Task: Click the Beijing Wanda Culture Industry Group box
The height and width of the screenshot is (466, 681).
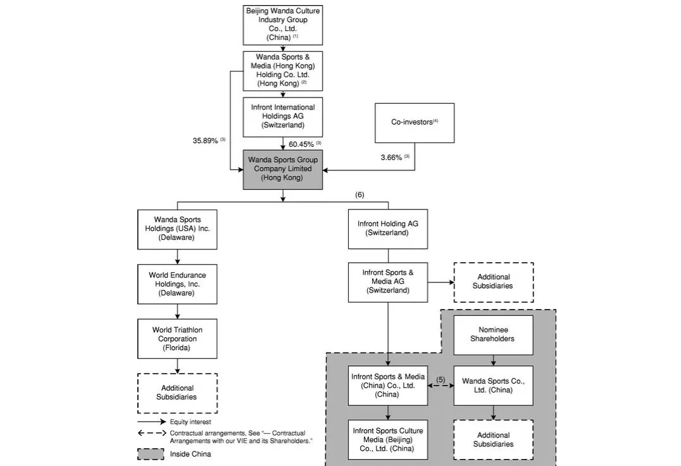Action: (283, 24)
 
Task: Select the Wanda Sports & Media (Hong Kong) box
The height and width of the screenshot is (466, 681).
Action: (283, 70)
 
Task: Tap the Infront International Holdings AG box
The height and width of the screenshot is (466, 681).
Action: (283, 116)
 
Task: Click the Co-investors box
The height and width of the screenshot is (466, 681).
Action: (415, 122)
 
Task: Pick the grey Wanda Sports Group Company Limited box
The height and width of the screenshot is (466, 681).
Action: (283, 169)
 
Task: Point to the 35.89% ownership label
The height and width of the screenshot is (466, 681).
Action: (206, 141)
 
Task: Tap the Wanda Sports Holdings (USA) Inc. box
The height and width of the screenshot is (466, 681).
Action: (177, 229)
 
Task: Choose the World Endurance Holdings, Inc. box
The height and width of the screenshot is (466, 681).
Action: (177, 284)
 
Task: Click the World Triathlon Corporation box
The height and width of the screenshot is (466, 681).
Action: (177, 339)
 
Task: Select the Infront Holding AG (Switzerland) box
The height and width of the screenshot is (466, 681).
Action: (387, 229)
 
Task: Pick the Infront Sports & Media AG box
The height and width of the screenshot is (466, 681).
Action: (387, 282)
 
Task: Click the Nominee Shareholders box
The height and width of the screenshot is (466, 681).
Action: (493, 334)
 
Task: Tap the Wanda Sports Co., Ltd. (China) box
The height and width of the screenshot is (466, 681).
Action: (493, 385)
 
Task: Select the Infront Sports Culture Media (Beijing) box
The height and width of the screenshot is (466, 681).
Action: (387, 439)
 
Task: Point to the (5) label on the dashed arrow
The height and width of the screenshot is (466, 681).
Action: (440, 380)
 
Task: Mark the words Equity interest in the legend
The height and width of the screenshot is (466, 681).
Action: (191, 422)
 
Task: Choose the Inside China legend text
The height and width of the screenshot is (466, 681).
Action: (191, 454)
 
